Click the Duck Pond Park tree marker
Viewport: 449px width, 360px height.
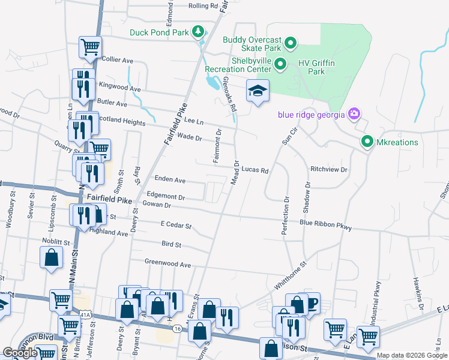coord(197,31)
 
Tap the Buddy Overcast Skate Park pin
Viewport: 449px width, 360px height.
coord(291,43)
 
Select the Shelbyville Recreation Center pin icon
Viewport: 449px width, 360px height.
coord(280,63)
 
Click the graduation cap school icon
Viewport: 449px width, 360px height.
coord(258,91)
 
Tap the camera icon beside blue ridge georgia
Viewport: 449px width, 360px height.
coord(354,113)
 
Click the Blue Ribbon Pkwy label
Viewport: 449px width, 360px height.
coord(325,225)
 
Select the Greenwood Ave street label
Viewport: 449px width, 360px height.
coord(167,263)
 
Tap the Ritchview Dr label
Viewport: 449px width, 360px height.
coord(329,170)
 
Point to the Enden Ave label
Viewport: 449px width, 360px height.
coord(170,179)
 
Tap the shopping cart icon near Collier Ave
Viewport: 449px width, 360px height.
coord(90,46)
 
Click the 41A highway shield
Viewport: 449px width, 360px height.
coord(86,314)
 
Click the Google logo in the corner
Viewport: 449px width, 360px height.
coord(20,353)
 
